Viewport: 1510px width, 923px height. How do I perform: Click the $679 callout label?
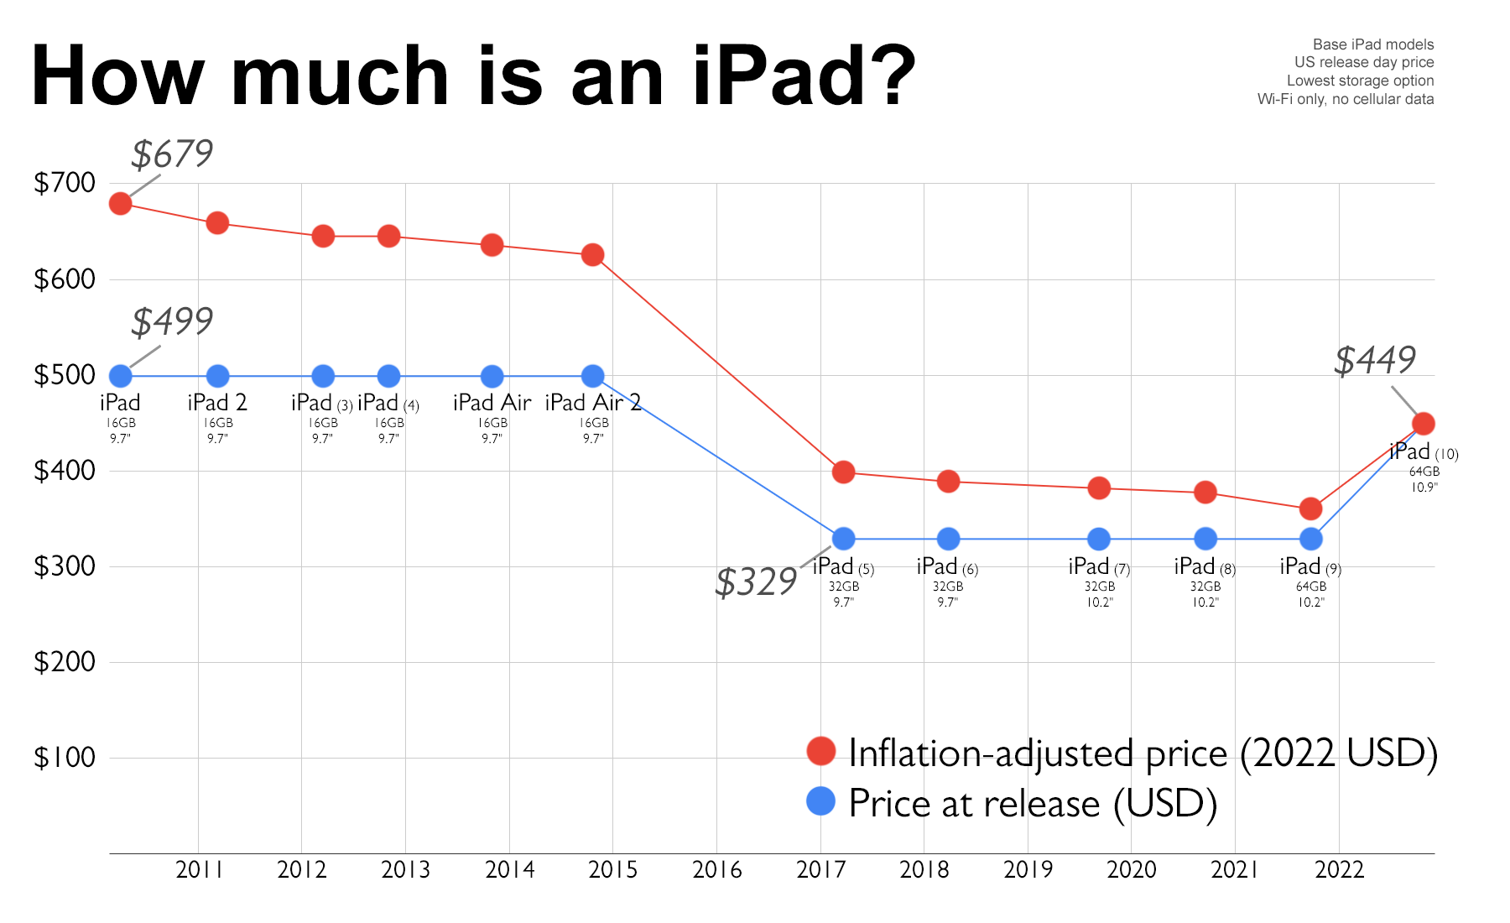(x=172, y=154)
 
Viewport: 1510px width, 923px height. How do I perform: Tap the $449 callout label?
(x=1374, y=361)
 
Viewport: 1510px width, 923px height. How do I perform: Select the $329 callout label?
(x=756, y=582)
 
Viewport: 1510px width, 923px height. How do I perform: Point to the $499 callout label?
(x=172, y=321)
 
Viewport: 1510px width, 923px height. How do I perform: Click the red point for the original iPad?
(x=121, y=204)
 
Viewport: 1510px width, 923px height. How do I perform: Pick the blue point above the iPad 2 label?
(x=217, y=376)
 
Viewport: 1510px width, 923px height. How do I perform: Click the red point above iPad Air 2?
(x=592, y=255)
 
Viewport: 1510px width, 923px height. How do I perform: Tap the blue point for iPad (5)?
(x=843, y=539)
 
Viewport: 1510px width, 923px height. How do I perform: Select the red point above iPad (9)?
(x=1310, y=508)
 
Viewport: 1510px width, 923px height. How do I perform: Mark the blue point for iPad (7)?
(x=1099, y=539)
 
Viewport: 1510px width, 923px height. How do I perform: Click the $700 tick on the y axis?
(x=65, y=183)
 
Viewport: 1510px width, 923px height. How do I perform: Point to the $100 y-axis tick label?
(x=65, y=758)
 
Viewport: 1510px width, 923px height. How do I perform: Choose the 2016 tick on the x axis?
(x=717, y=870)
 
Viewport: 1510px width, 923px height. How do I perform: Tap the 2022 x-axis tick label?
(x=1340, y=870)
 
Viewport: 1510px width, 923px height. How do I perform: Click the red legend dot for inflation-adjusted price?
(x=820, y=751)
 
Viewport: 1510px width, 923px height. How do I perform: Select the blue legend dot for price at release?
(x=820, y=801)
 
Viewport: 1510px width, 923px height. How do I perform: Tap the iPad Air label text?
(x=492, y=404)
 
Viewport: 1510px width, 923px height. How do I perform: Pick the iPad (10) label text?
(x=1424, y=452)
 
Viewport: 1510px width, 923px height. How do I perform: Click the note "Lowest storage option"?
(x=1360, y=81)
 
